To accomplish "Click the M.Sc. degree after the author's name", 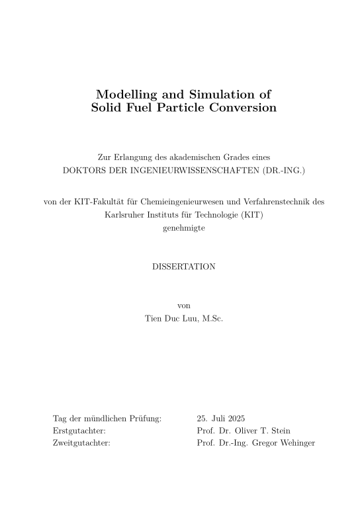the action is pyautogui.click(x=213, y=318).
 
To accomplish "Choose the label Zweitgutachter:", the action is pyautogui.click(x=81, y=443).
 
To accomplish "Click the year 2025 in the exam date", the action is pyautogui.click(x=235, y=418).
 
